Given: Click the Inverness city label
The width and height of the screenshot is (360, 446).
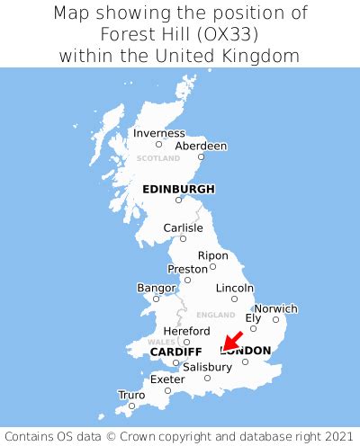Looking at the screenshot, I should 158,133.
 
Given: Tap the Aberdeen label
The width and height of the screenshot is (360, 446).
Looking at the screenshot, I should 200,146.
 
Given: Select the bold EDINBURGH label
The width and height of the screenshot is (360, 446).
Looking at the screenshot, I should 178,189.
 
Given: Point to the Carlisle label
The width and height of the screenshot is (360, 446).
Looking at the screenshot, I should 183,228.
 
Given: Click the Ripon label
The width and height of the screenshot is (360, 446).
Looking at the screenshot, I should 212,255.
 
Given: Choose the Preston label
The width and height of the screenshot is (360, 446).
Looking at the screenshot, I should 187,269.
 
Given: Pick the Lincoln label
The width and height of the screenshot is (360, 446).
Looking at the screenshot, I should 235,288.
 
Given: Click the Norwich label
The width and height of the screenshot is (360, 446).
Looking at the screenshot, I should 275,308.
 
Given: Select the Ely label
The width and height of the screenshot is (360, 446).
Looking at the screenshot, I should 254,317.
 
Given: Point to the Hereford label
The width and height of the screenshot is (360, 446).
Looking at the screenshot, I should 186,331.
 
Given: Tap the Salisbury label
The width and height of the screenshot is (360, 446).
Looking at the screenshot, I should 207,367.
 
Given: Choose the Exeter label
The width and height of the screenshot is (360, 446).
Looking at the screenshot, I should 167,379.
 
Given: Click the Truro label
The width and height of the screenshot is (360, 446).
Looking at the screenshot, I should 131,395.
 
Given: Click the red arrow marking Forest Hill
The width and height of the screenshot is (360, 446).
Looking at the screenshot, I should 232,342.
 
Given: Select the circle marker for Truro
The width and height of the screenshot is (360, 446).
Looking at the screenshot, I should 131,406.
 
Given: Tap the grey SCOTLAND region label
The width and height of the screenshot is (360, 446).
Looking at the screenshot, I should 158,158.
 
